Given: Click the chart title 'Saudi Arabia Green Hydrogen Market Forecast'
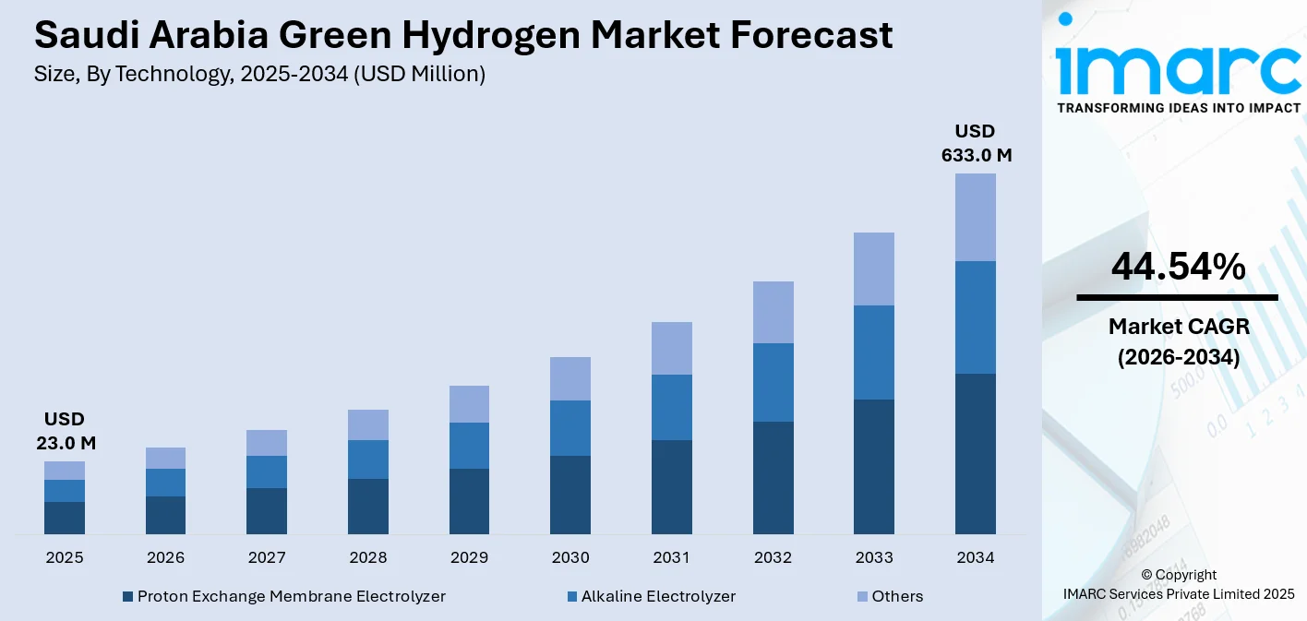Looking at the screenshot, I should click(463, 35).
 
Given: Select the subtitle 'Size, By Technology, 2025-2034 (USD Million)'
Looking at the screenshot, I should click(259, 75).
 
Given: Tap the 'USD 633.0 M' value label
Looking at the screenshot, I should click(976, 143).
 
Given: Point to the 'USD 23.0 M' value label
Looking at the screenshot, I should click(66, 431).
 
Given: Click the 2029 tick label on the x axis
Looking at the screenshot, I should click(469, 557).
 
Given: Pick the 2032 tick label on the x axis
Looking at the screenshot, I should click(773, 557).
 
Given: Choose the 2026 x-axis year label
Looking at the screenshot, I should click(165, 557).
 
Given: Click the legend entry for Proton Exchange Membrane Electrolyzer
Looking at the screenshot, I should click(283, 596).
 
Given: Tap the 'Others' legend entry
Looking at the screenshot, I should click(889, 596).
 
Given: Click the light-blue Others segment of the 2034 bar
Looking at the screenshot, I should click(976, 217).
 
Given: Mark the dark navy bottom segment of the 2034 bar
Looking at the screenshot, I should click(976, 453).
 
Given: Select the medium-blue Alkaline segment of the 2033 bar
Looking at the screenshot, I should click(874, 352).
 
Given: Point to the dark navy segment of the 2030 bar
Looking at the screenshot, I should click(570, 495).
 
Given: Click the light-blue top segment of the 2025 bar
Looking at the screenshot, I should click(65, 471).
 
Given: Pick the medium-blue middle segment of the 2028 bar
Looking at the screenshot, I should click(368, 459).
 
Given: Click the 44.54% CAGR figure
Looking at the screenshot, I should click(1178, 267).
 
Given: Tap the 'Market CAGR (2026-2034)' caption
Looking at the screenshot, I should click(1178, 341).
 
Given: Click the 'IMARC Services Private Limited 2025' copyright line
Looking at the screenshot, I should click(1178, 593).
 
